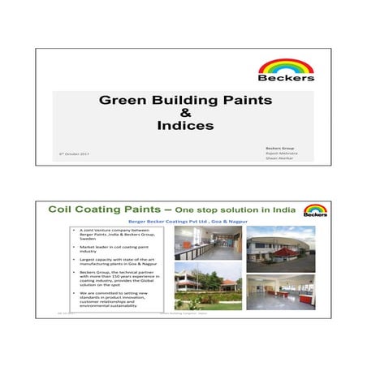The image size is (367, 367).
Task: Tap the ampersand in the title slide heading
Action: coord(184,114)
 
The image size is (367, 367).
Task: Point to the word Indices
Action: coord(184,126)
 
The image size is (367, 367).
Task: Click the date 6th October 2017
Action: coord(71,153)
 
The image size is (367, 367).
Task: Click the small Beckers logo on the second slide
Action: coord(315,211)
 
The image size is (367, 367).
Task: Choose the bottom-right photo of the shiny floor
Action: coord(281,292)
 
